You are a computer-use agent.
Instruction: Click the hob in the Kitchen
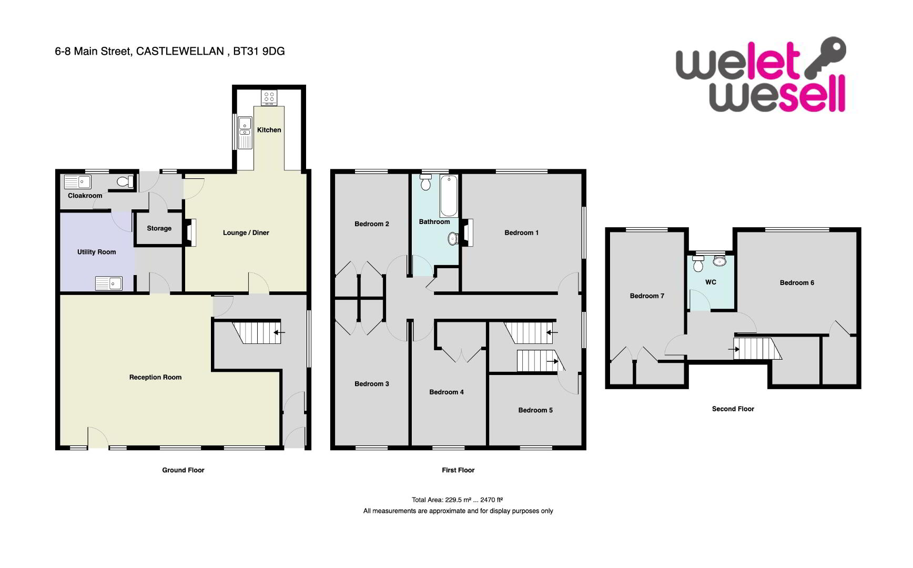(269, 97)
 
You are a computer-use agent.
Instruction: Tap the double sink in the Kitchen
(245, 133)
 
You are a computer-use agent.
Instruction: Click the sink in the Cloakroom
(77, 182)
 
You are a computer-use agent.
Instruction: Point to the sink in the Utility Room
(108, 284)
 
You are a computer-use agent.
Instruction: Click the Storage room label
(159, 228)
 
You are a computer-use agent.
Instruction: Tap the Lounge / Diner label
(246, 232)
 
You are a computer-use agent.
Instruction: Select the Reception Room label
(156, 377)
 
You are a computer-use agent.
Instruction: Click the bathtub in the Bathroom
(449, 196)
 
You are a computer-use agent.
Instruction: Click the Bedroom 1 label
(521, 232)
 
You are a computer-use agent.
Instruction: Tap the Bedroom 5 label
(535, 410)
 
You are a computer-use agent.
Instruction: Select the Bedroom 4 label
(447, 392)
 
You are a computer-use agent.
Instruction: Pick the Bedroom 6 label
(797, 282)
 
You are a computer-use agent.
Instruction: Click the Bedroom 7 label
(647, 296)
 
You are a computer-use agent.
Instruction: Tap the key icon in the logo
(824, 57)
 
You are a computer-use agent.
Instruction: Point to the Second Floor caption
(733, 409)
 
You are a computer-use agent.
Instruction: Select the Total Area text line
(458, 500)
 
